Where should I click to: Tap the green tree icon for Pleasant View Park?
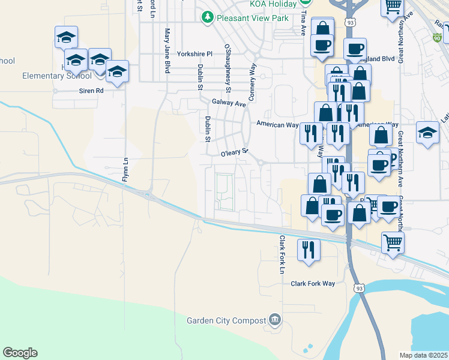pos(208,17)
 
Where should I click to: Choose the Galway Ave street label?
pos(229,103)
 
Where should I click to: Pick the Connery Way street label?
pos(252,82)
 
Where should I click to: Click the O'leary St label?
pos(234,154)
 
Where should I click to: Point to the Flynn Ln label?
pos(126,169)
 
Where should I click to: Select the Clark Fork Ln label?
pos(281,254)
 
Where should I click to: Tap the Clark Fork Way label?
pos(313,284)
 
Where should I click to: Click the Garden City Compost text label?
pos(226,320)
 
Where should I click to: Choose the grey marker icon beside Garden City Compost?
pos(275,319)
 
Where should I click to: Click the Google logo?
pos(20,353)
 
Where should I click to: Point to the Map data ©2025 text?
pos(424,355)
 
